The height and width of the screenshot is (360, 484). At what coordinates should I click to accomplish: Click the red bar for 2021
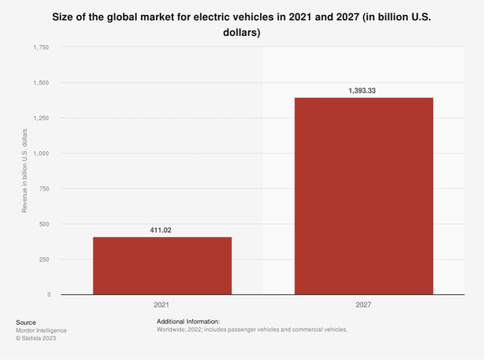[x=162, y=266]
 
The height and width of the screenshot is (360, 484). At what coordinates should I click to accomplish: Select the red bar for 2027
[x=364, y=196]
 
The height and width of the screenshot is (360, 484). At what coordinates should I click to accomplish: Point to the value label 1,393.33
[x=364, y=89]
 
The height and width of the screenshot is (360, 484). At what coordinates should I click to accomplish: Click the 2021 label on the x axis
[x=162, y=306]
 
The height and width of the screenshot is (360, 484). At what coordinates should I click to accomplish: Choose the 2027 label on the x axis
[x=364, y=306]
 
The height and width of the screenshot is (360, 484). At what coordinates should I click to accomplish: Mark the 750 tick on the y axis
[x=43, y=189]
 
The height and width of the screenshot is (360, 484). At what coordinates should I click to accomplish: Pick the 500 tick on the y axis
[x=43, y=224]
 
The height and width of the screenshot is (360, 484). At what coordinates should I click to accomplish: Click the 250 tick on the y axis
[x=43, y=259]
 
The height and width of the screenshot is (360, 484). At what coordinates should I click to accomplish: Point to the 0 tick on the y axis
[x=48, y=294]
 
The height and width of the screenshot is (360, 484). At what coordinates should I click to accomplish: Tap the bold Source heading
[x=26, y=322]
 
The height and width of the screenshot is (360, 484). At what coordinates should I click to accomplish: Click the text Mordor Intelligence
[x=41, y=330]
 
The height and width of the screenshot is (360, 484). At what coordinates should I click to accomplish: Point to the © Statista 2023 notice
[x=37, y=338]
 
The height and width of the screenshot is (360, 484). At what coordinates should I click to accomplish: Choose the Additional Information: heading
[x=188, y=322]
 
